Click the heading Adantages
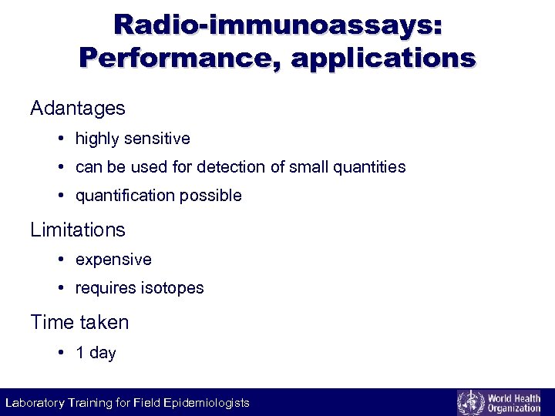pyautogui.click(x=77, y=109)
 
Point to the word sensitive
pyautogui.click(x=156, y=139)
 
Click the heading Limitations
pyautogui.click(x=77, y=230)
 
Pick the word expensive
pyautogui.click(x=113, y=260)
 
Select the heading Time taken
pyautogui.click(x=79, y=322)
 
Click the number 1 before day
pyautogui.click(x=80, y=353)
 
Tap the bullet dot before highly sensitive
pyautogui.click(x=60, y=139)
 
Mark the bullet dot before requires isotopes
pyautogui.click(x=60, y=289)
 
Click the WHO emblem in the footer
pyautogui.click(x=469, y=402)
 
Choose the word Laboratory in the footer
pyautogui.click(x=36, y=403)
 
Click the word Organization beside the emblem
pyautogui.click(x=514, y=408)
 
